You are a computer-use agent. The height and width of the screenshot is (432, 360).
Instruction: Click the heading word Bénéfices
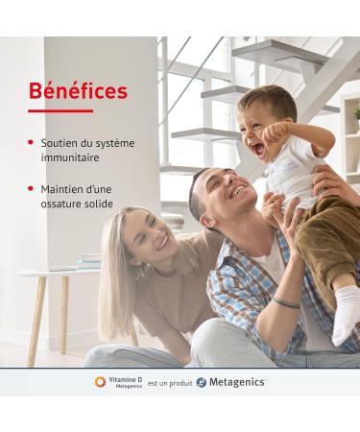point(78,92)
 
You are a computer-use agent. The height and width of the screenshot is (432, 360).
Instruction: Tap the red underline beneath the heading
point(60,111)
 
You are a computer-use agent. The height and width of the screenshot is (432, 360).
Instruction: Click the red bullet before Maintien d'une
point(32,189)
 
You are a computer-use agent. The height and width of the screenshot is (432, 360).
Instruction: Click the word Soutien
point(59,143)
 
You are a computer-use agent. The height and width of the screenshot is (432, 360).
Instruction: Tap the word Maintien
point(60,189)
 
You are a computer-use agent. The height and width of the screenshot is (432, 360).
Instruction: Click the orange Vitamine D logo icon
point(100,382)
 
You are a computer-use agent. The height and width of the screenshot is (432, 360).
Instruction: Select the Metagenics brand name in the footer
point(237,382)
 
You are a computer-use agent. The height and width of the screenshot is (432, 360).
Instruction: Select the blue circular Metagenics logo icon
point(201,382)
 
